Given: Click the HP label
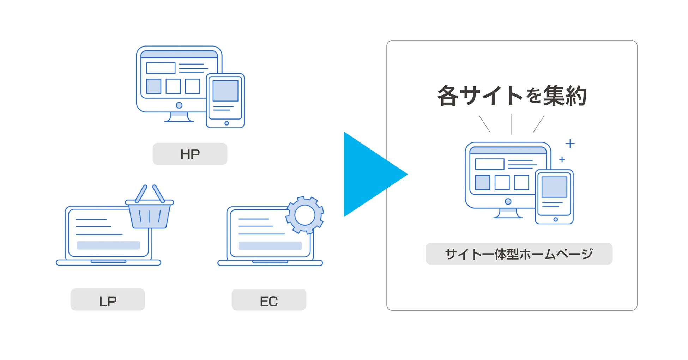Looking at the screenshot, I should point(190,154).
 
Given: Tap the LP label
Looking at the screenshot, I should point(108,300).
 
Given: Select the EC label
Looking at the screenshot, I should point(269,300).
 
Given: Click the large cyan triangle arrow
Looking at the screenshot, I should point(370,174).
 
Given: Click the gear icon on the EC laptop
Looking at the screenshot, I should point(305,215).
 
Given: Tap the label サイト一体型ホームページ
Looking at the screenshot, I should point(519,254).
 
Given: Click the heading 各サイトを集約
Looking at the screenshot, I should point(512,96).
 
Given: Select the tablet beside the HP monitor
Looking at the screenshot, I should point(225,100).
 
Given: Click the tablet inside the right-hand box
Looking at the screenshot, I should point(554,197).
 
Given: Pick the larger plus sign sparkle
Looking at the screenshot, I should point(570,144).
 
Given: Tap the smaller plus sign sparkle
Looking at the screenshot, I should point(562,159).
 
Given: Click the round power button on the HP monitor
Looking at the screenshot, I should point(179,105).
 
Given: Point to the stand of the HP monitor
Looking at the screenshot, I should point(179,117).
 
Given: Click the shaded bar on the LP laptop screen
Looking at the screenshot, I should point(108,245).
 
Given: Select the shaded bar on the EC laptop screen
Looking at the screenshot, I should point(270,246).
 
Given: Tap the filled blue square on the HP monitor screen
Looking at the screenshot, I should point(153,86).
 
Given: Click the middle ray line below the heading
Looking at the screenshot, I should point(512,124).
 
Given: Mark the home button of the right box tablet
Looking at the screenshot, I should point(556,219).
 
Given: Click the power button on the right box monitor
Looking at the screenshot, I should point(508,201).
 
